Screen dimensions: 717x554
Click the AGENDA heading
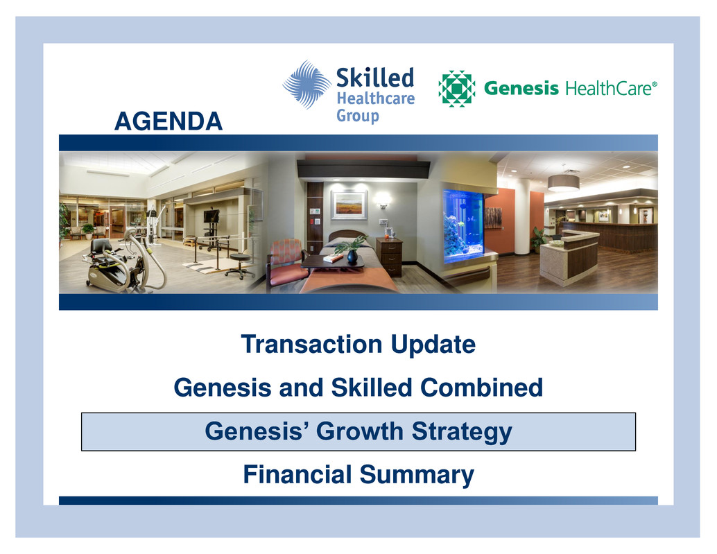pyautogui.click(x=169, y=121)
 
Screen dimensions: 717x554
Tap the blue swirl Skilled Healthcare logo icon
pyautogui.click(x=306, y=85)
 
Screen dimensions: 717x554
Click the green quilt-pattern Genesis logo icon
pyautogui.click(x=456, y=89)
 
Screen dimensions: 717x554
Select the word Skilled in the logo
pyautogui.click(x=375, y=78)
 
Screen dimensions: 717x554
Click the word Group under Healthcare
pyautogui.click(x=358, y=116)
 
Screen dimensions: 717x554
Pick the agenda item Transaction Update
pyautogui.click(x=358, y=345)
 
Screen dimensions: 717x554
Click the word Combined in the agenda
pyautogui.click(x=481, y=388)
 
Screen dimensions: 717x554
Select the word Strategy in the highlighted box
pyautogui.click(x=462, y=432)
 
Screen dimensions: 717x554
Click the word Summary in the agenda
pyautogui.click(x=417, y=476)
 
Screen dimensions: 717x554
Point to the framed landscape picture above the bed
pyautogui.click(x=349, y=205)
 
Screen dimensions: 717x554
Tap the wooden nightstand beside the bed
pyautogui.click(x=389, y=257)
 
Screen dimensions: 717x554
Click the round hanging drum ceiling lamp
pyautogui.click(x=563, y=182)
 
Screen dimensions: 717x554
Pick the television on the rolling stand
pyautogui.click(x=211, y=216)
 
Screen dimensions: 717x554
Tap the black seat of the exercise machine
pyautogui.click(x=101, y=248)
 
